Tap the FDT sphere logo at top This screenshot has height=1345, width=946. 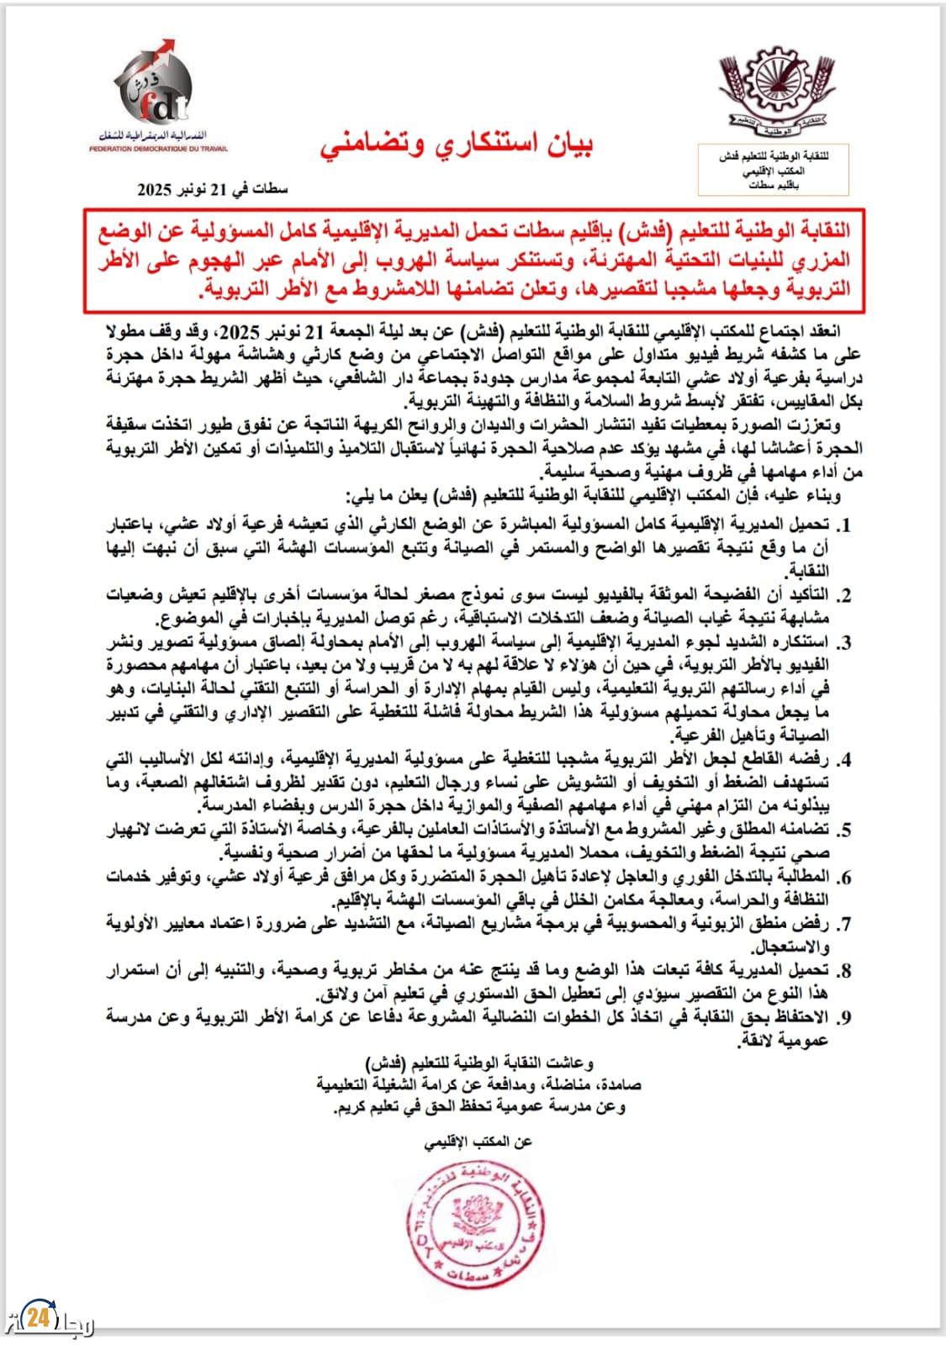[x=151, y=89]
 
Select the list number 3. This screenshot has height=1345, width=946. [x=846, y=643]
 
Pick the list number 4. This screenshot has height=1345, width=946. [x=846, y=759]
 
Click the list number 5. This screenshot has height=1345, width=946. [x=846, y=830]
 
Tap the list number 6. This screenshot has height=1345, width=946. [x=846, y=877]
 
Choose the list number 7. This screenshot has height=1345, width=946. [x=846, y=924]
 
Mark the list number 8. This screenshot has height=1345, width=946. [x=846, y=971]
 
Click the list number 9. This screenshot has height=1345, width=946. [x=846, y=1017]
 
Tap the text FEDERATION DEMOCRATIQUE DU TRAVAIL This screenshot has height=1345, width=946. [x=160, y=148]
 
